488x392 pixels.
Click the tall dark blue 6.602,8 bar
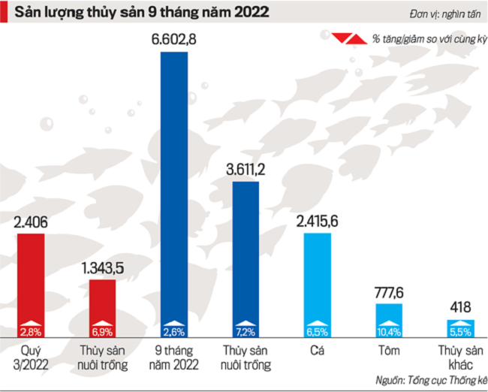coord(175,188)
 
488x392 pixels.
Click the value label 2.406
coord(31,222)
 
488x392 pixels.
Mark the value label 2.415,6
coord(318,222)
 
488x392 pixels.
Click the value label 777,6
coord(389,292)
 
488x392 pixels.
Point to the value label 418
coord(460,306)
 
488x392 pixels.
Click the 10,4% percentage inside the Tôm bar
coord(389,331)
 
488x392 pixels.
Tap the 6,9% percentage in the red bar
coord(103,331)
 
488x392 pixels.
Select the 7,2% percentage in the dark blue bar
coord(246,331)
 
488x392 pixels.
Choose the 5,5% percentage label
coord(460,331)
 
